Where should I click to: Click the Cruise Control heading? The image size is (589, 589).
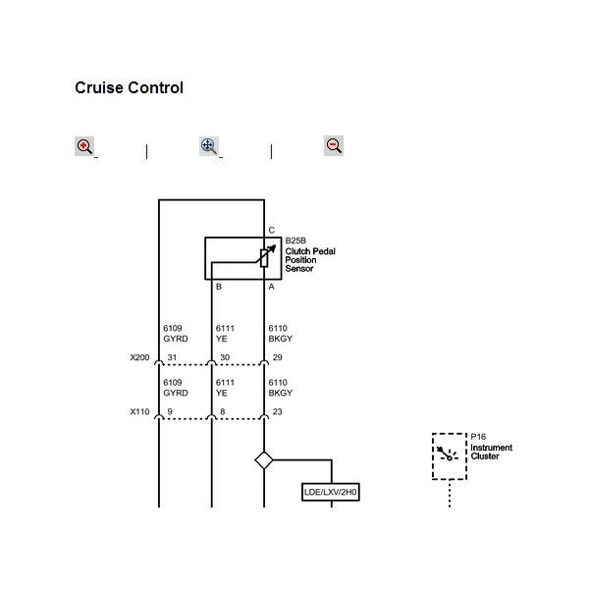[129, 88]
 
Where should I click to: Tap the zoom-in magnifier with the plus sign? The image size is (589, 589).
[84, 146]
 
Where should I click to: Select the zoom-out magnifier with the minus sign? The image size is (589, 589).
[333, 145]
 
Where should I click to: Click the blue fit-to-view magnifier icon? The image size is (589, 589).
[208, 146]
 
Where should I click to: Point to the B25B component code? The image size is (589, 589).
[295, 241]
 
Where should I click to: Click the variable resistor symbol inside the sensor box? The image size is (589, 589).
[263, 255]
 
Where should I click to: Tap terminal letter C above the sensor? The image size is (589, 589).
[271, 230]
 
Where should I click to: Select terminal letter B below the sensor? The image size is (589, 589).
[218, 287]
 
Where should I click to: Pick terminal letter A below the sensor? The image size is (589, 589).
[271, 287]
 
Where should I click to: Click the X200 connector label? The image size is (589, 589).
[139, 357]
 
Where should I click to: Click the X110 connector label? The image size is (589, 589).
[139, 412]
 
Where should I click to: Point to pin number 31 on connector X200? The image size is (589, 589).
[172, 357]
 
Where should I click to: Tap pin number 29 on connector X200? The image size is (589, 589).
[277, 357]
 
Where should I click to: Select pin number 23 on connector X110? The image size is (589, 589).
[277, 412]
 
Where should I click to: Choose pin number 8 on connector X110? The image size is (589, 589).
[222, 412]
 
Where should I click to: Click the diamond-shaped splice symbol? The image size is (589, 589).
[263, 458]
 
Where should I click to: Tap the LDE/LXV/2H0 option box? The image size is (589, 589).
[331, 491]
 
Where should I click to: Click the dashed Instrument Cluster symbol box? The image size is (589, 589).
[449, 455]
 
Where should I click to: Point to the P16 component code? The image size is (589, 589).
[478, 437]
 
